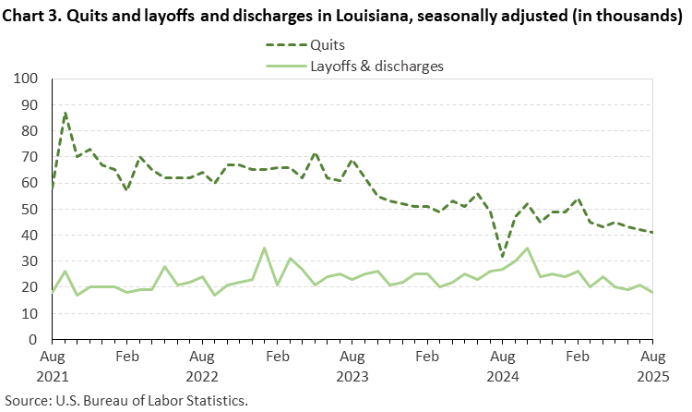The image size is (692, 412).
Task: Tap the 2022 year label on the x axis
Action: point(203,379)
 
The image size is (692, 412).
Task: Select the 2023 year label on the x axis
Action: point(352,379)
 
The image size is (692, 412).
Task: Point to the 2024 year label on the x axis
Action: point(503,379)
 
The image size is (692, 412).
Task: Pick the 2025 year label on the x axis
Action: point(652,379)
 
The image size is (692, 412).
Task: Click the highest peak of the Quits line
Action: point(66,113)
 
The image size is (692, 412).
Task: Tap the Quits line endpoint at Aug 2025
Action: point(652,233)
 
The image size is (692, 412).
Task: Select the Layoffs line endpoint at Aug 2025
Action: point(652,293)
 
